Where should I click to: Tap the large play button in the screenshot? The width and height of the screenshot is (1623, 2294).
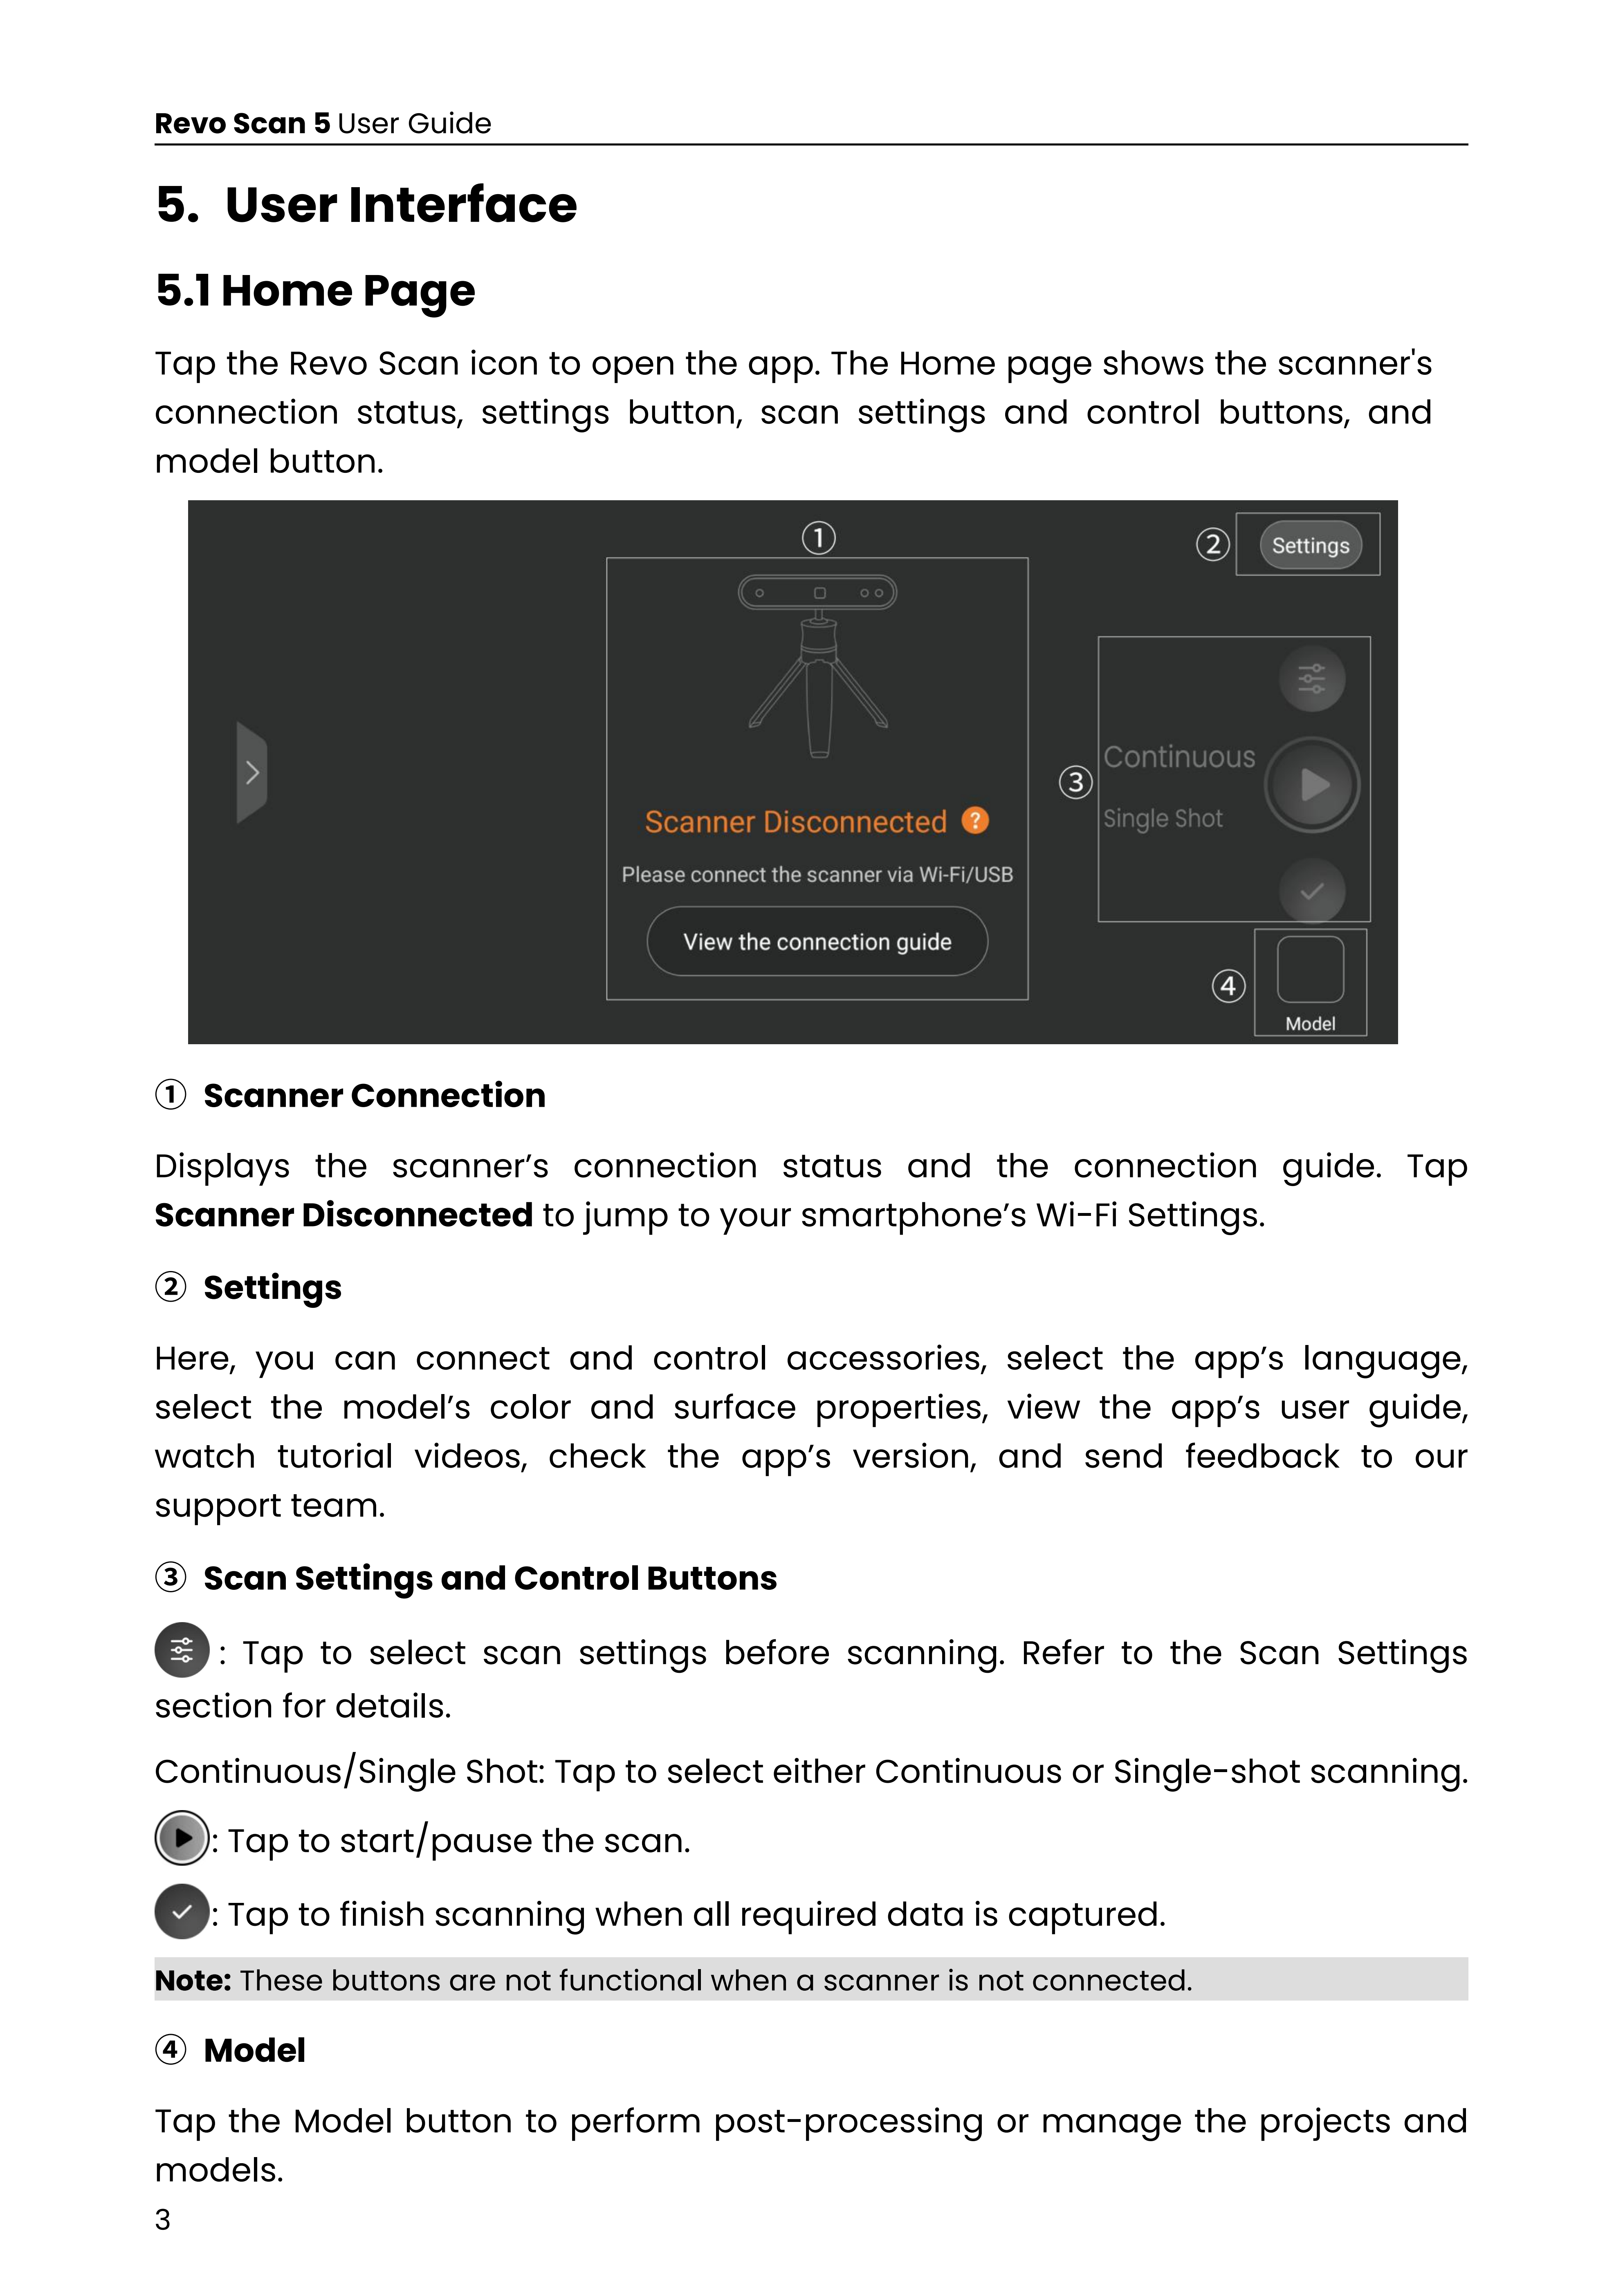click(1312, 786)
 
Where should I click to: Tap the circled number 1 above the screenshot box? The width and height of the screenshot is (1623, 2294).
click(819, 537)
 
